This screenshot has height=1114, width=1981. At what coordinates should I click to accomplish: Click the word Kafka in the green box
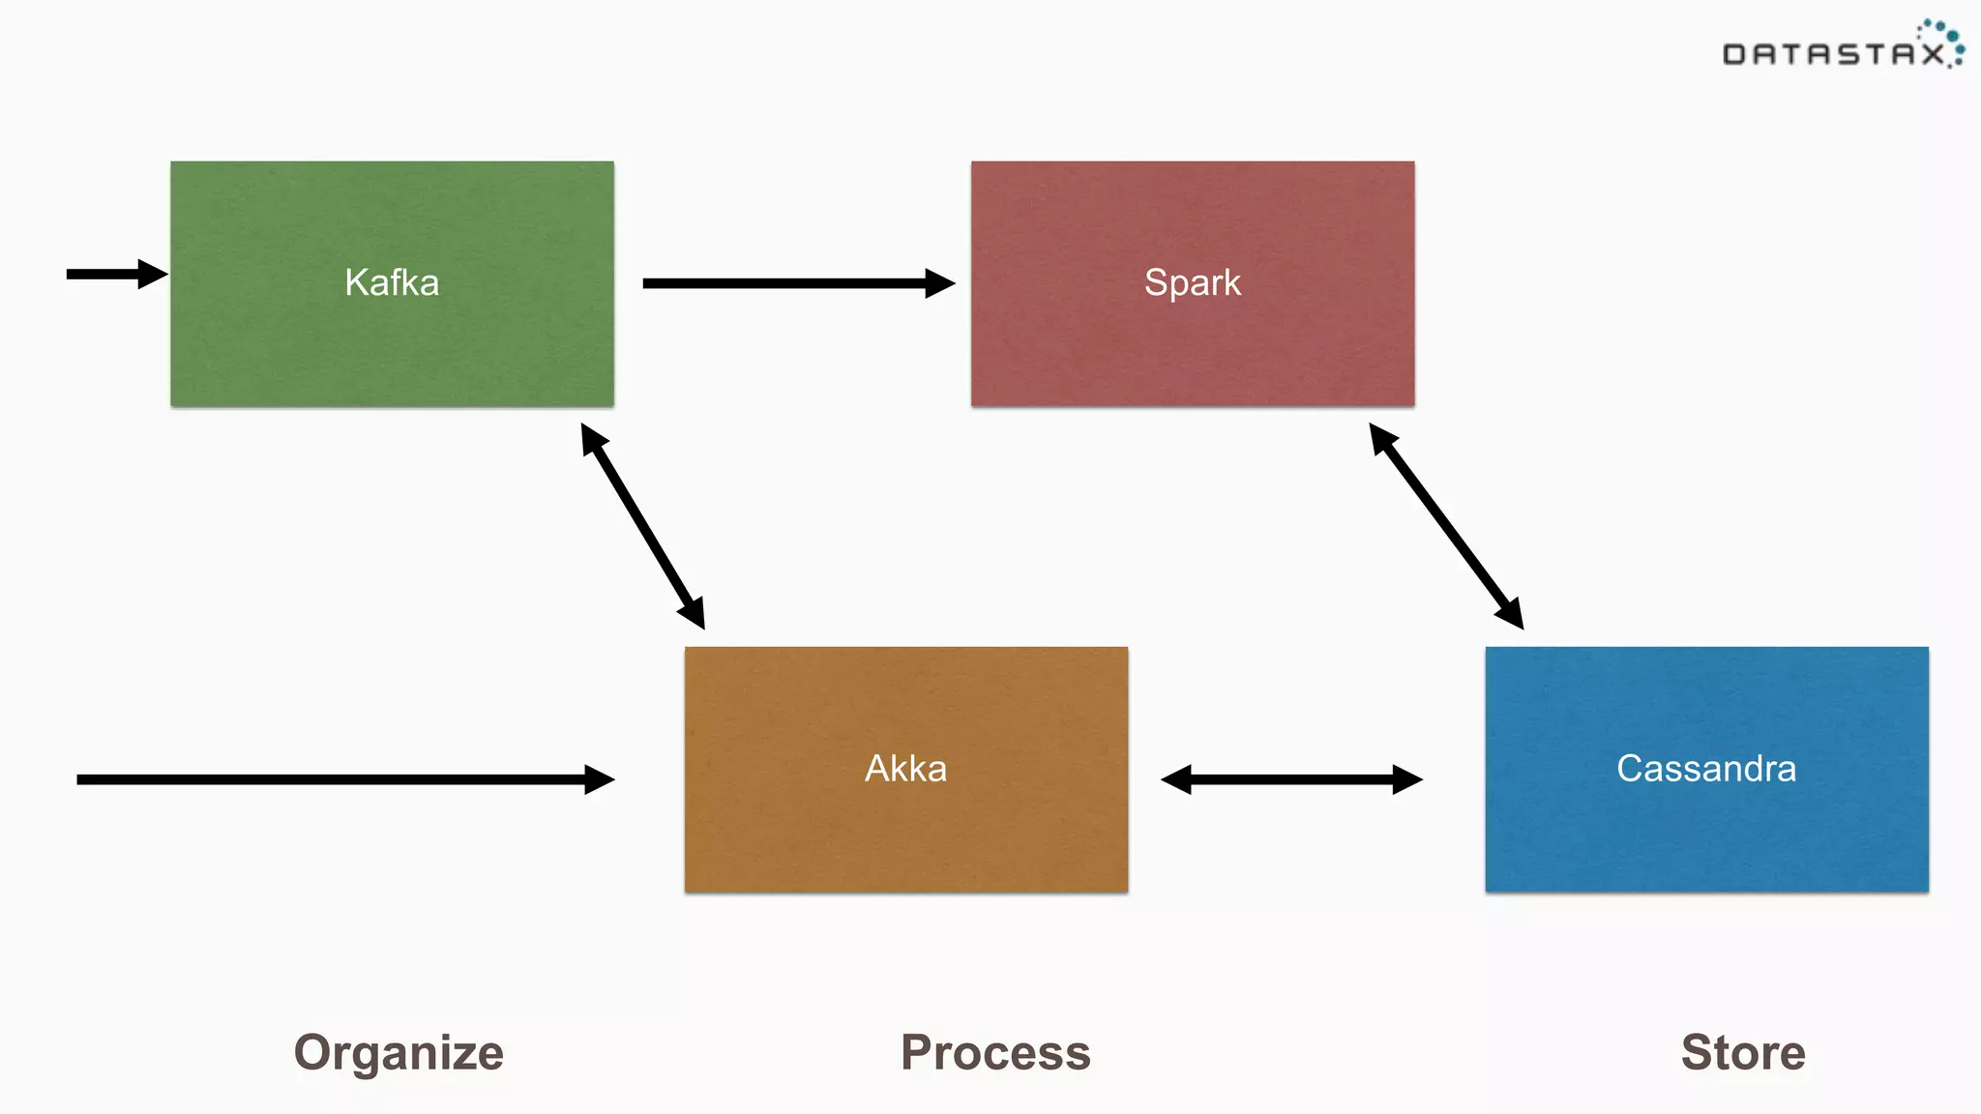coord(392,282)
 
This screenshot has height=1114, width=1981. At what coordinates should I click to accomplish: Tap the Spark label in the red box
coord(1192,282)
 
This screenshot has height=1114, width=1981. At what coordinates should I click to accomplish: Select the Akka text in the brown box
coord(905,769)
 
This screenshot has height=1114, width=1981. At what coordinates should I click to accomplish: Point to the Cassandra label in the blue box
coord(1706,769)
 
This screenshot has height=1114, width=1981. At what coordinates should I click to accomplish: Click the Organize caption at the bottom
coord(399,1052)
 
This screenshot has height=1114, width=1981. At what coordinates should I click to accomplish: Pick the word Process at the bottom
coord(995,1052)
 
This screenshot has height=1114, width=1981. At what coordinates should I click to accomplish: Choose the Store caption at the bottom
coord(1743,1052)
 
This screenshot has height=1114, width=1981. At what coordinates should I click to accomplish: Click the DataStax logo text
coord(1833,54)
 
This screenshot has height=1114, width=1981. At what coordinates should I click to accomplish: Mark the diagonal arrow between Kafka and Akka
coord(642,527)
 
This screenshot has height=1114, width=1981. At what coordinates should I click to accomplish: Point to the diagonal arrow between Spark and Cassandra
coord(1446,527)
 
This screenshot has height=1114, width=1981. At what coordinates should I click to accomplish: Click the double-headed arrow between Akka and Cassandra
coord(1291,779)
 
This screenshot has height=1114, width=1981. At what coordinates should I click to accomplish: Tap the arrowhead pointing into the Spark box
coord(938,283)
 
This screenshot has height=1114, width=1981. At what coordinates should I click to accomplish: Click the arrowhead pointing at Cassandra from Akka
coord(1407,779)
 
